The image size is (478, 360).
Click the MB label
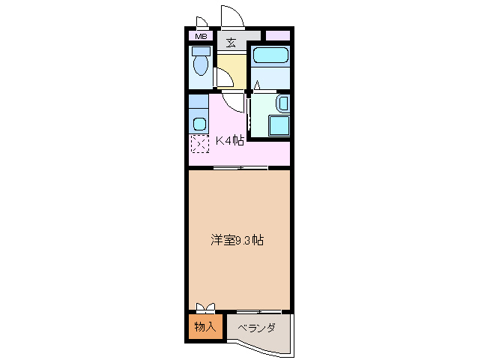[x=201, y=36]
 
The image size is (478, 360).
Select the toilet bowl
[x=200, y=63]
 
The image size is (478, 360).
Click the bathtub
[x=270, y=56]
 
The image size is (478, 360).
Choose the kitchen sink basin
[x=199, y=122]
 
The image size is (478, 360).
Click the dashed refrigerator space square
[x=199, y=145]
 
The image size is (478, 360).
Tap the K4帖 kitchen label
[x=230, y=140]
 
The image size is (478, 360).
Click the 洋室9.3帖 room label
[x=236, y=241]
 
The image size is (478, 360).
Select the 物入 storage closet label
[x=205, y=326]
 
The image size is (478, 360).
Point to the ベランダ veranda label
[x=256, y=328]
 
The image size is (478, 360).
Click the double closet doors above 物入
[x=205, y=307]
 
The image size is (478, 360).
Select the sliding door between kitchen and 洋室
[x=240, y=167]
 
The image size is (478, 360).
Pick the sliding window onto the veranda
[x=258, y=310]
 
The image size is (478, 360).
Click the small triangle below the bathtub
[x=256, y=84]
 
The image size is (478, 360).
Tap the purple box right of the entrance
[x=277, y=35]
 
